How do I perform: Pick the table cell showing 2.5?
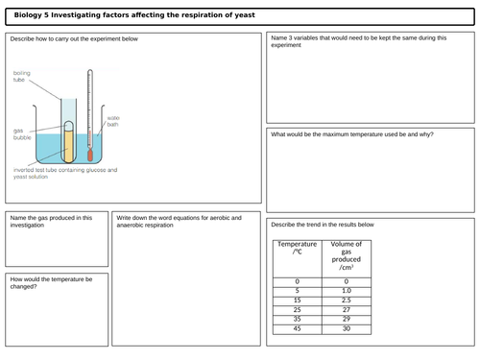pyautogui.click(x=346, y=300)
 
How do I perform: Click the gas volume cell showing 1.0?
pyautogui.click(x=346, y=289)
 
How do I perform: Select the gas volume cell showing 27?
pyautogui.click(x=346, y=310)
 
